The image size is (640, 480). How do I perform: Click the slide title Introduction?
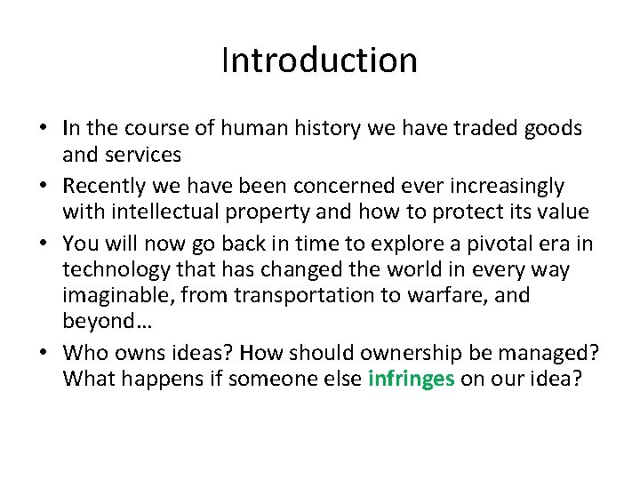[319, 60]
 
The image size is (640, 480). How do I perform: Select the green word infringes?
[411, 378]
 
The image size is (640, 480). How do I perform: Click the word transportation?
[301, 294]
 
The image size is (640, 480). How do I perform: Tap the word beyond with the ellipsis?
[100, 320]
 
